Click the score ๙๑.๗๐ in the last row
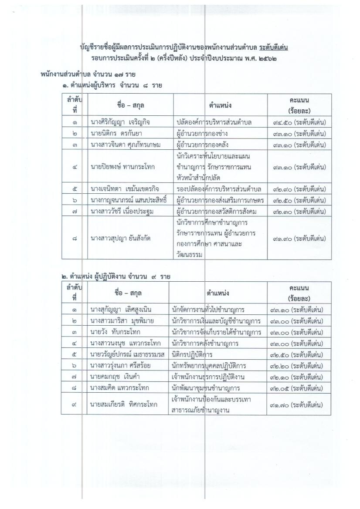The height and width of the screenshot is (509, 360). coord(278,405)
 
